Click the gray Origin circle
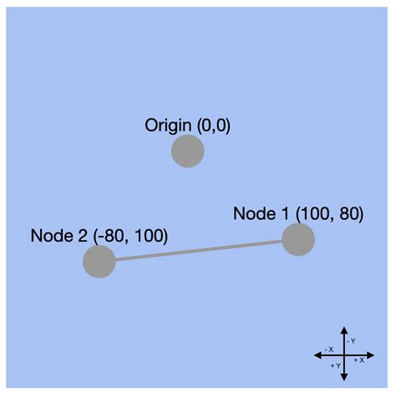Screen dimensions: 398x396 click(187, 151)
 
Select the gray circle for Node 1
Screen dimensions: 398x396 click(297, 240)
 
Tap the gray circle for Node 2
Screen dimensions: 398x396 click(99, 262)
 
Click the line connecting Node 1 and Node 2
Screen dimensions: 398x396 click(198, 251)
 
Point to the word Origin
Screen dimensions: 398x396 click(167, 126)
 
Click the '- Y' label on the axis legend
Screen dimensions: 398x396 click(353, 341)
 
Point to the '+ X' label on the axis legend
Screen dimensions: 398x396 click(360, 360)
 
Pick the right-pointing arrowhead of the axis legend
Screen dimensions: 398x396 click(372, 355)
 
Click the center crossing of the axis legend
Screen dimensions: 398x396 click(344, 355)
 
